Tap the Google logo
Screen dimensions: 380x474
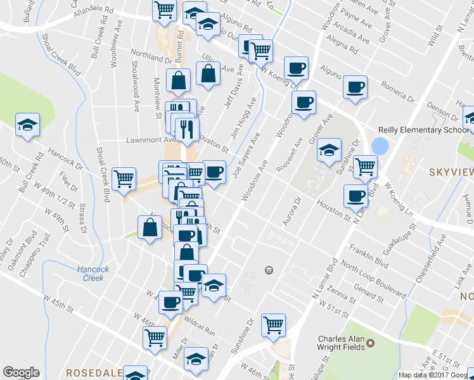(21, 372)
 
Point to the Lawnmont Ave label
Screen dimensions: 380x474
(150, 139)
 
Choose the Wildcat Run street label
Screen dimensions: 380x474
(201, 327)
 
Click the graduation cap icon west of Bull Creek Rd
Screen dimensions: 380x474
(27, 125)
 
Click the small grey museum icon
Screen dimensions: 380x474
(269, 270)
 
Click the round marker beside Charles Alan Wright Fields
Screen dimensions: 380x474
(371, 343)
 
